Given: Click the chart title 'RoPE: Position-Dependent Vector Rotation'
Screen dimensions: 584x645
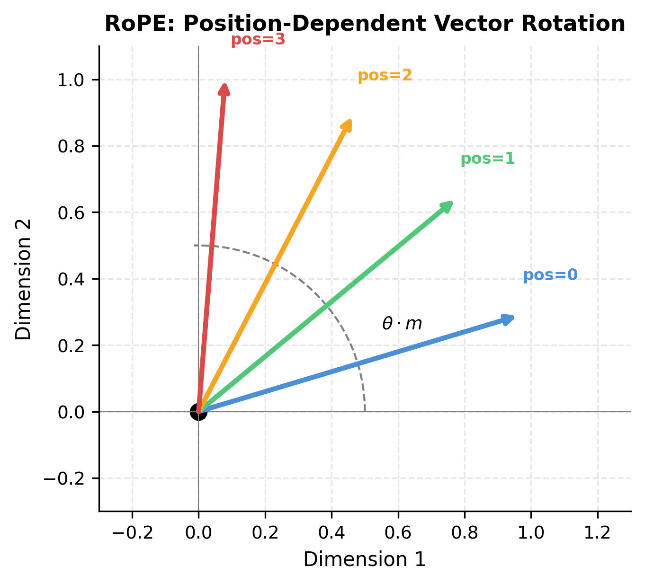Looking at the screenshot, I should coord(365,24).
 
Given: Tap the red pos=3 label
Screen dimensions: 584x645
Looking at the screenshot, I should coord(258,40).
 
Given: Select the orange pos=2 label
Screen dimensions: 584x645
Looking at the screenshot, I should coord(385,75).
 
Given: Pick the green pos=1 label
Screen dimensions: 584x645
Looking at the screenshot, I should coord(487,159).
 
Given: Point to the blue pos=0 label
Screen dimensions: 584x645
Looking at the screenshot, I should coord(550,275).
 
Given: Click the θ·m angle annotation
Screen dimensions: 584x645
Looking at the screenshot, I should coord(402,324).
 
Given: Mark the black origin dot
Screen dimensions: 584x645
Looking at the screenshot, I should coord(198,412).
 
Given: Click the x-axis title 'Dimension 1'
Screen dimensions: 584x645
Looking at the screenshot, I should coord(365,559).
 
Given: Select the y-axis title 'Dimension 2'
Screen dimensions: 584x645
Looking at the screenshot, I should coord(23,279).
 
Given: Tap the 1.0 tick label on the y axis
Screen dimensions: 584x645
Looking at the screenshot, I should coord(71,80).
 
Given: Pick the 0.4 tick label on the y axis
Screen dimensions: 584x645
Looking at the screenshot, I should coord(71,279).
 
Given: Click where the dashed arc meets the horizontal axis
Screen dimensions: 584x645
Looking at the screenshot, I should coord(365,411).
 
